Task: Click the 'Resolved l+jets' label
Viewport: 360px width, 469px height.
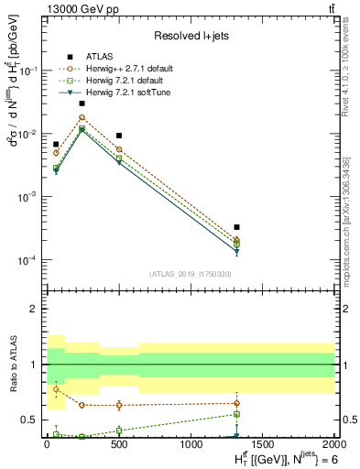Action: [x=188, y=36]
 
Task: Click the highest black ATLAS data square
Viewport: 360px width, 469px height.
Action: [x=82, y=104]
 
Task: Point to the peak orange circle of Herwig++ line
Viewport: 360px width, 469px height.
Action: [x=82, y=117]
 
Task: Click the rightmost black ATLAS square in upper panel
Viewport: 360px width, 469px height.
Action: [x=236, y=227]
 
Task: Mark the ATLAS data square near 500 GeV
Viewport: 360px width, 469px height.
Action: [x=119, y=136]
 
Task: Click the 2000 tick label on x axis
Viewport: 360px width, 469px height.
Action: [x=333, y=444]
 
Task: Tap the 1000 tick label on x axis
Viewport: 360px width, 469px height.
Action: [x=191, y=444]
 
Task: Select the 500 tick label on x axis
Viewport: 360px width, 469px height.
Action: [x=119, y=444]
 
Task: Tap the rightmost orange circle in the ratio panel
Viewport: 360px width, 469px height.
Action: [x=236, y=403]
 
